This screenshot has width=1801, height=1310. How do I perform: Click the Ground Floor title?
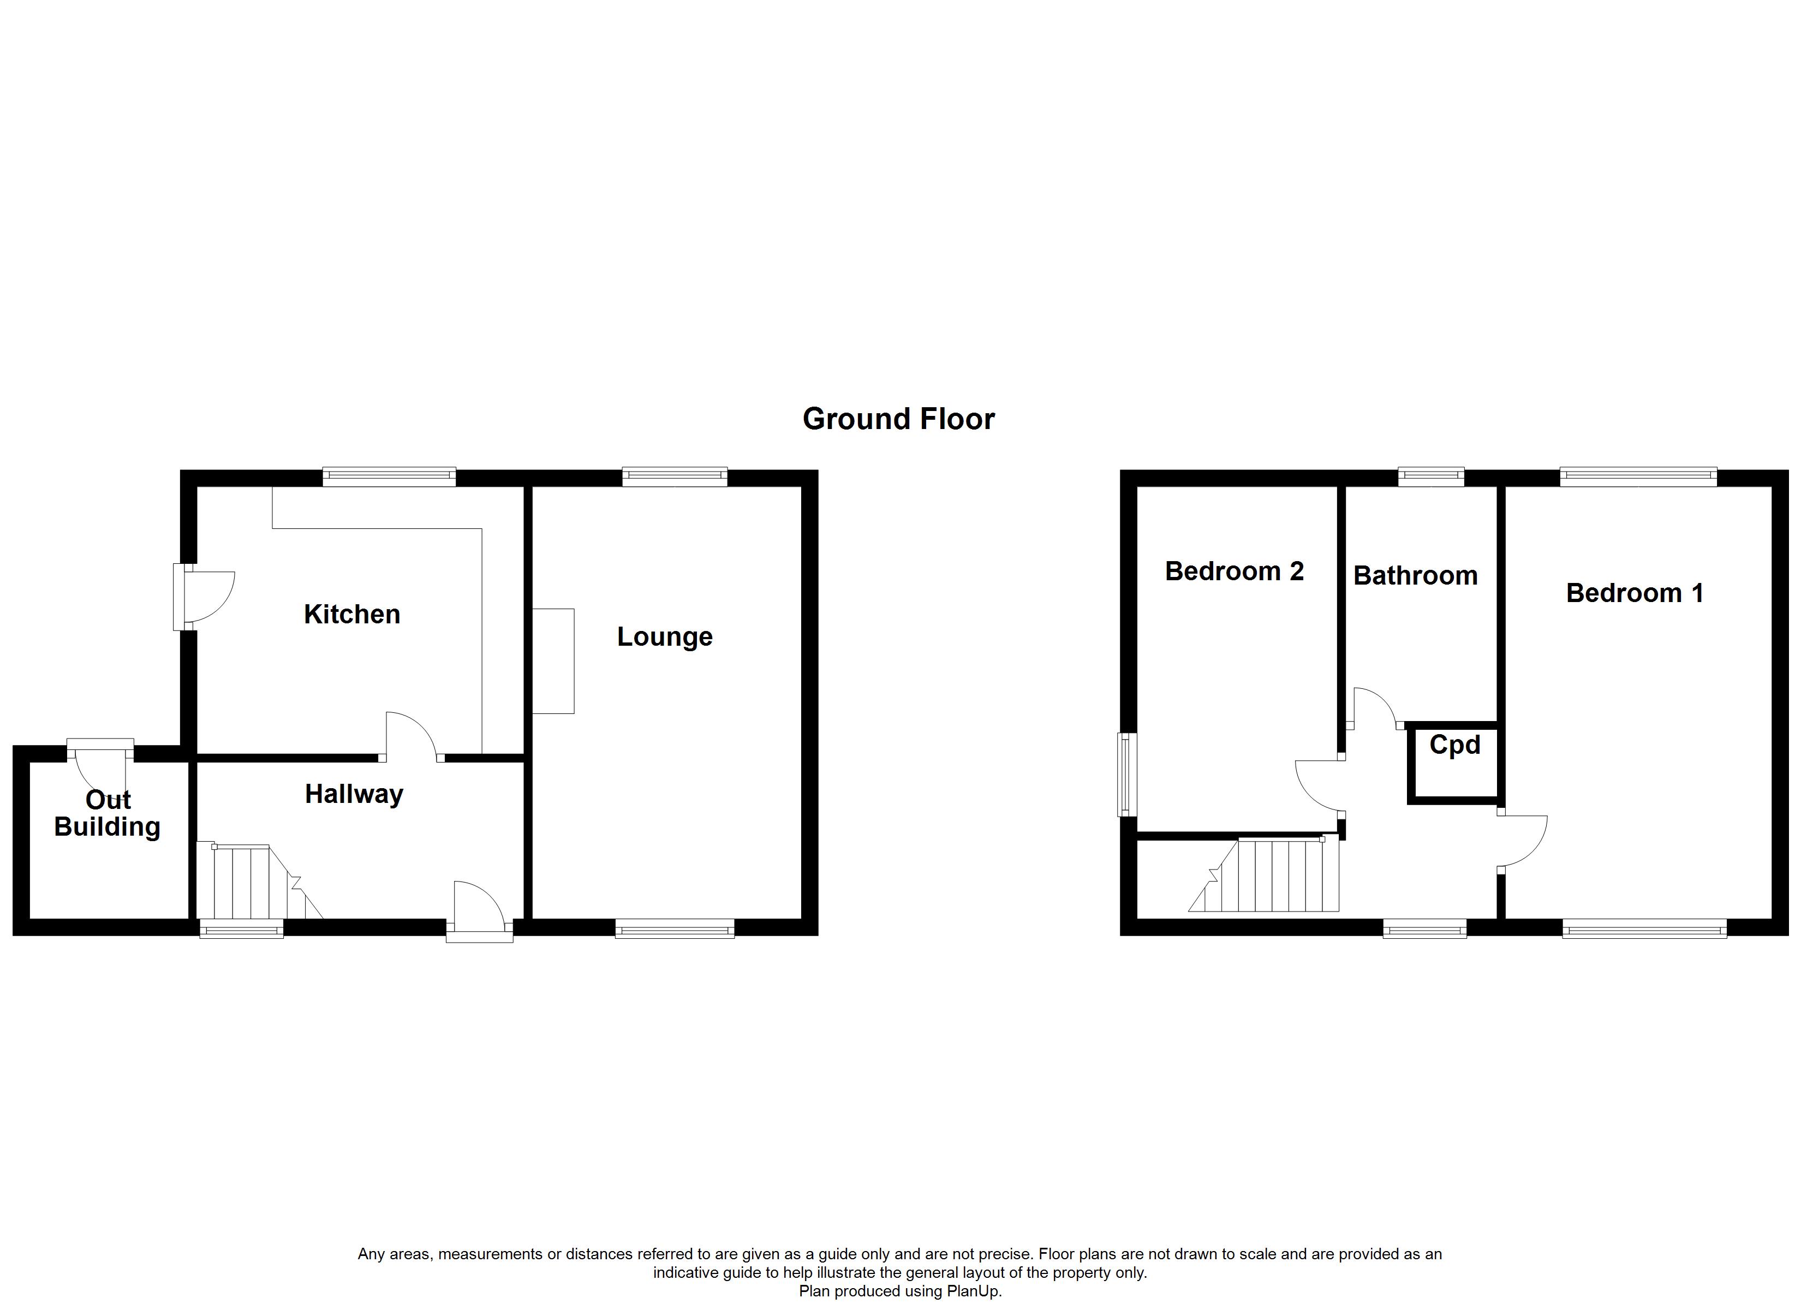click(898, 419)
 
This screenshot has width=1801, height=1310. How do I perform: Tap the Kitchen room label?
click(352, 614)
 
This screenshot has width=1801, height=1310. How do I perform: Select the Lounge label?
click(665, 637)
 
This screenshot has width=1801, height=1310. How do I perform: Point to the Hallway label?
click(354, 794)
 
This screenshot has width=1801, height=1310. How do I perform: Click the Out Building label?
click(107, 813)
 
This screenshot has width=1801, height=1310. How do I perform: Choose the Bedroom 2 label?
click(1234, 571)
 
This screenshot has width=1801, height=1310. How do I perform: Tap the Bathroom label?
click(1415, 575)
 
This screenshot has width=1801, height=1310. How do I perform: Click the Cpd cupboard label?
click(1455, 745)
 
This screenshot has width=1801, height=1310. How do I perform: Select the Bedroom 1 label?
click(1634, 593)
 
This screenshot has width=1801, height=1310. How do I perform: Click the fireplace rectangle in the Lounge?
click(553, 661)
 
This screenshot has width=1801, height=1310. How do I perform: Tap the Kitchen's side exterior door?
click(205, 597)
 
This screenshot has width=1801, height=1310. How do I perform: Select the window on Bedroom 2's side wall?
click(1128, 775)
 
